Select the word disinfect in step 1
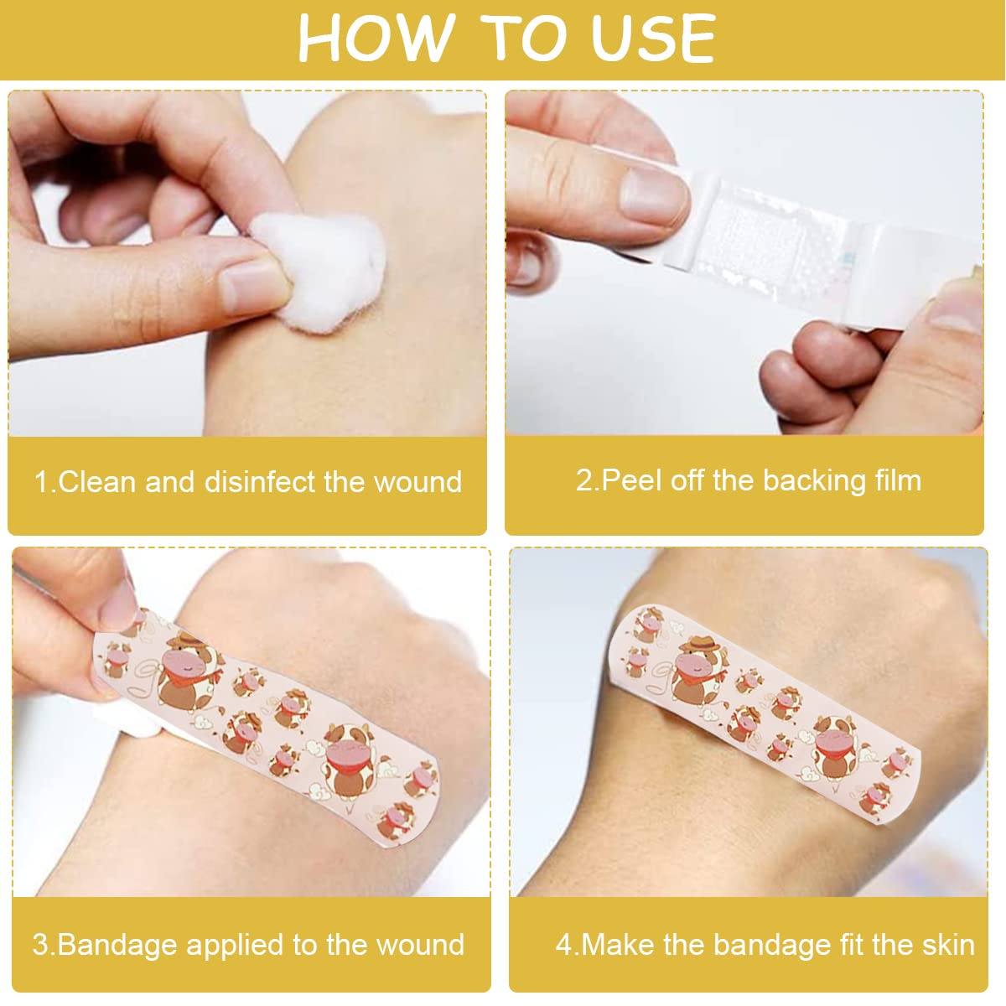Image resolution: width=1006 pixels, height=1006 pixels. [x=261, y=481]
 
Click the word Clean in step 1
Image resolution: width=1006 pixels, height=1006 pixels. [x=98, y=481]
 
